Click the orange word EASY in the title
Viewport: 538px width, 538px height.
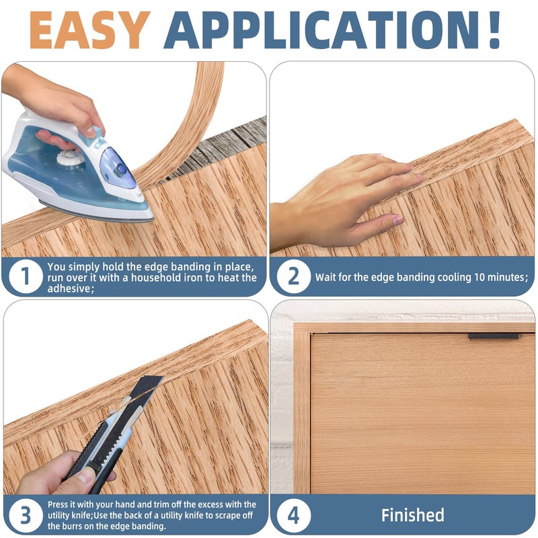click(x=90, y=30)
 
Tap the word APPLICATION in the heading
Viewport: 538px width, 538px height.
click(x=321, y=30)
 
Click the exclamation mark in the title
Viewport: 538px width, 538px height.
click(x=494, y=30)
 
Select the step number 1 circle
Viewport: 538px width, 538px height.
click(x=26, y=276)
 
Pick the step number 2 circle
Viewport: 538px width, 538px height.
click(x=294, y=276)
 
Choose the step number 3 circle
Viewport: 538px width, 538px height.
click(x=26, y=515)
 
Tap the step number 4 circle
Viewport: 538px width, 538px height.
click(x=294, y=515)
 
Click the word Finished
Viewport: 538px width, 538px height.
click(x=413, y=515)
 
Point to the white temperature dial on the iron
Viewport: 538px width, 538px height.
click(x=70, y=157)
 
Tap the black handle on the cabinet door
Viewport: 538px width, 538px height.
click(x=494, y=337)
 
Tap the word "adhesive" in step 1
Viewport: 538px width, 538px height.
click(x=69, y=289)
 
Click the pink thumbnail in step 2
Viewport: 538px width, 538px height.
click(x=398, y=219)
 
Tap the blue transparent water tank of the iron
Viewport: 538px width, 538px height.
click(x=115, y=168)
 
